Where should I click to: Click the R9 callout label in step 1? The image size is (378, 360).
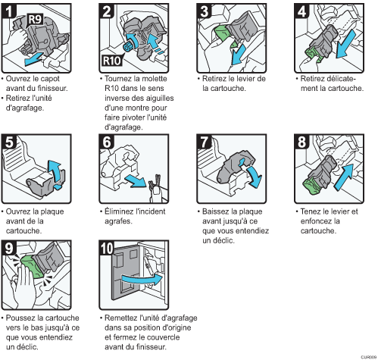pyautogui.click(x=35, y=20)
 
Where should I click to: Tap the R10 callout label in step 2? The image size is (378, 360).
pyautogui.click(x=112, y=61)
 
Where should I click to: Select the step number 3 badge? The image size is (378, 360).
pyautogui.click(x=205, y=11)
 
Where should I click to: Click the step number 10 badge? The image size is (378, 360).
pyautogui.click(x=107, y=248)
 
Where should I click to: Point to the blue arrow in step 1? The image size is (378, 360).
pyautogui.click(x=33, y=58)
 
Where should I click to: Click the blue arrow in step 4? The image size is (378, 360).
pyautogui.click(x=345, y=43)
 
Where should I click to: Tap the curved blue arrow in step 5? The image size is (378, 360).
pyautogui.click(x=56, y=173)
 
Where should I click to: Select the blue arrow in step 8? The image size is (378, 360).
pyautogui.click(x=344, y=177)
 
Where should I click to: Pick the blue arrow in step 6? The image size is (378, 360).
pyautogui.click(x=136, y=180)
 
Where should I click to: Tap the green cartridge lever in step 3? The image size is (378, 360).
pyautogui.click(x=225, y=36)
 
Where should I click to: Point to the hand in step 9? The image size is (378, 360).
pyautogui.click(x=24, y=286)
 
